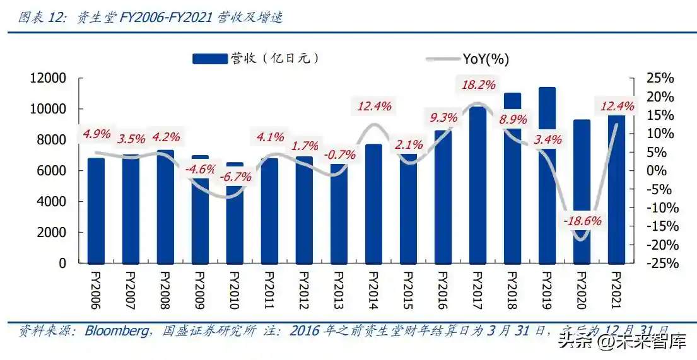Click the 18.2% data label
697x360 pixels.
click(477, 84)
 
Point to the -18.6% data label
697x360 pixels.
click(582, 221)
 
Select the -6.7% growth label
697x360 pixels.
click(235, 177)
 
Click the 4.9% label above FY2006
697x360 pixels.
click(96, 134)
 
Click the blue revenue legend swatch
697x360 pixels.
click(209, 59)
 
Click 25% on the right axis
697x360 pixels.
click(660, 78)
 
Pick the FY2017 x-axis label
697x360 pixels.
click(477, 291)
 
